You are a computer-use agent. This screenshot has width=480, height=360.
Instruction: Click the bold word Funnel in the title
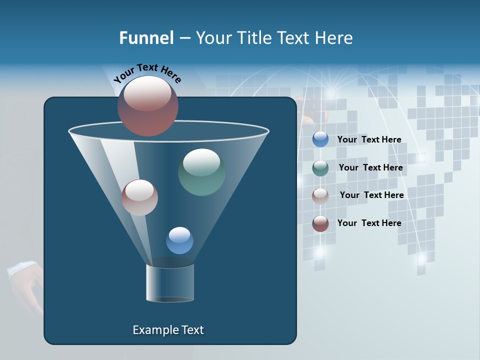(146, 38)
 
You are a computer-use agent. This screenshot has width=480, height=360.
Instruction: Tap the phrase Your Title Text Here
(274, 38)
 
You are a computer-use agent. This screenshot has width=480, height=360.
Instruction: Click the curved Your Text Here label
(147, 72)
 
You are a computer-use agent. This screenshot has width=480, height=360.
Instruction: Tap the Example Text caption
(168, 330)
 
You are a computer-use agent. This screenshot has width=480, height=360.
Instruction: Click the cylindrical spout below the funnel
(169, 283)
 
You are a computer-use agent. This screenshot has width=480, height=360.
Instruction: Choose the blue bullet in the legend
(320, 139)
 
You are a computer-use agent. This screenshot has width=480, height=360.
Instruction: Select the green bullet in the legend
(320, 168)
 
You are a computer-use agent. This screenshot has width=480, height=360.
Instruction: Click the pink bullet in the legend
(320, 195)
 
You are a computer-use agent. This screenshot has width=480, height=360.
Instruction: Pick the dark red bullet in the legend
(320, 223)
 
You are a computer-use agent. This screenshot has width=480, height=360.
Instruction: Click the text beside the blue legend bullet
(369, 139)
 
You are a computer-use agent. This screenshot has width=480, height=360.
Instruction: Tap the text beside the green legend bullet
(370, 167)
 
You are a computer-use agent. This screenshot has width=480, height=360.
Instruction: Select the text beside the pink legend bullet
(371, 195)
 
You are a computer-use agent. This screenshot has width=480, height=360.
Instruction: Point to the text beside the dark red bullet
(369, 223)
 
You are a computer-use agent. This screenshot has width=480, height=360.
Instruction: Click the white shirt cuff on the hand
(21, 269)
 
